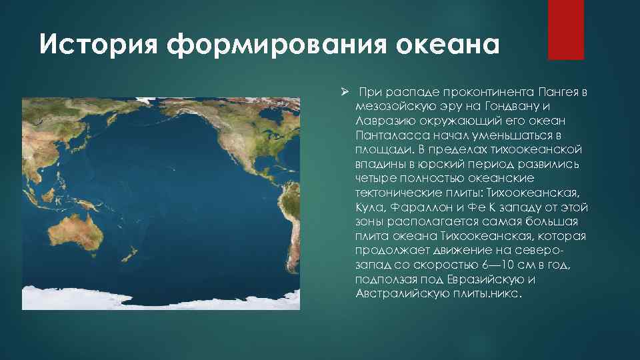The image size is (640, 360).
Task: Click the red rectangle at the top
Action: pos(565,30)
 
